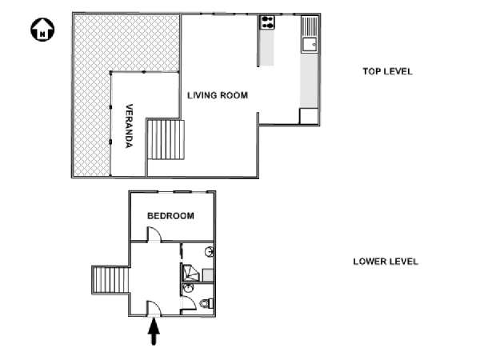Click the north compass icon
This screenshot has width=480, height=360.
[x=42, y=30]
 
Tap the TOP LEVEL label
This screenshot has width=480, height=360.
[x=387, y=72]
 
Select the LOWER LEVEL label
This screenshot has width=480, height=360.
[x=386, y=262]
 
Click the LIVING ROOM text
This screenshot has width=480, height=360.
[x=218, y=95]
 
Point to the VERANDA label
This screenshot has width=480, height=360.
[x=129, y=126]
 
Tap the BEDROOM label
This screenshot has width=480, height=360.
[x=171, y=216]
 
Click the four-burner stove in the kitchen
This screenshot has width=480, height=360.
[x=267, y=22]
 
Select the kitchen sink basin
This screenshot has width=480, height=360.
[x=310, y=45]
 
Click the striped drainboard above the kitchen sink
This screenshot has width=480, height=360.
[x=310, y=26]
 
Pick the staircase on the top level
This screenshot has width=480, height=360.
[x=166, y=139]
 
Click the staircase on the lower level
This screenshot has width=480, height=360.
[x=110, y=280]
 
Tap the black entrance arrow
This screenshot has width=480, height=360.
[x=154, y=331]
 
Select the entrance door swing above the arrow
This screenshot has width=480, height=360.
[x=154, y=308]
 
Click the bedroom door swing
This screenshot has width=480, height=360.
[x=154, y=234]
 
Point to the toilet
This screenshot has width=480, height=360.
[x=207, y=304]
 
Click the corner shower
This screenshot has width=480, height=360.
[x=190, y=273]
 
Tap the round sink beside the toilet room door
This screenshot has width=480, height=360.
[x=187, y=288]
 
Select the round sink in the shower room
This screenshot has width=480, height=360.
[x=210, y=252]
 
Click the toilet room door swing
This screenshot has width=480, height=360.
[x=189, y=303]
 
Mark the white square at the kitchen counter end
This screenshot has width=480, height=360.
[x=309, y=116]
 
